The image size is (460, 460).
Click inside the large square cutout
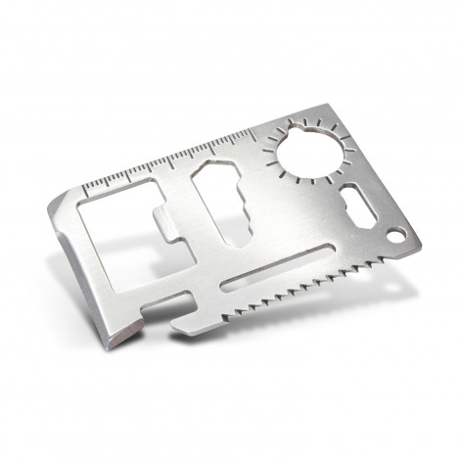113,230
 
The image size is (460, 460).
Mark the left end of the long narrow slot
228,287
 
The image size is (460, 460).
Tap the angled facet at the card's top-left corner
58,204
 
